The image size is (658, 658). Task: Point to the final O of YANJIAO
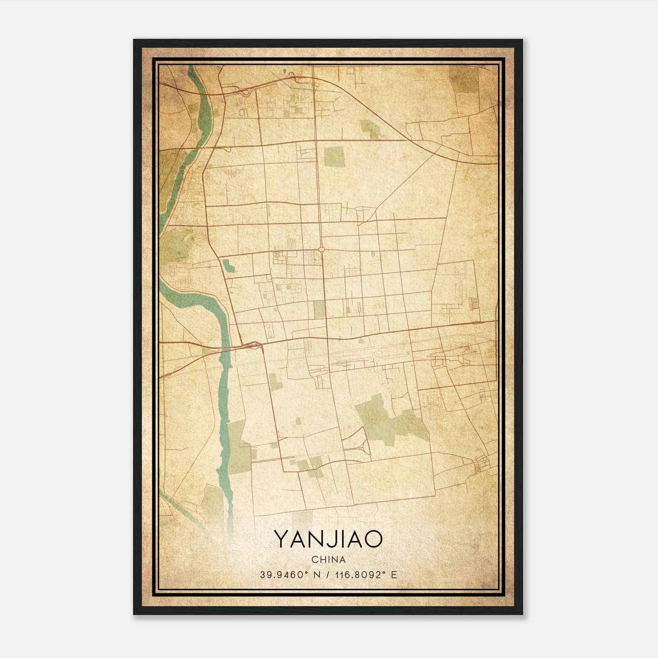[x=373, y=539]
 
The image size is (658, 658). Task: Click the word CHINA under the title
[x=328, y=560]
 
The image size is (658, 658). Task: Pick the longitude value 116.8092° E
[x=366, y=575]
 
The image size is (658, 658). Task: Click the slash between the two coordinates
[x=326, y=575]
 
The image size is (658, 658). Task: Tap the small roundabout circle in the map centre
[x=322, y=249]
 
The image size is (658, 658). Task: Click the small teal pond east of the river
[x=229, y=266]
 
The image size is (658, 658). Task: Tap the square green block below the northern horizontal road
[x=334, y=156]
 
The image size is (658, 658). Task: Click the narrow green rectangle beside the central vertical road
[x=319, y=310]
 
